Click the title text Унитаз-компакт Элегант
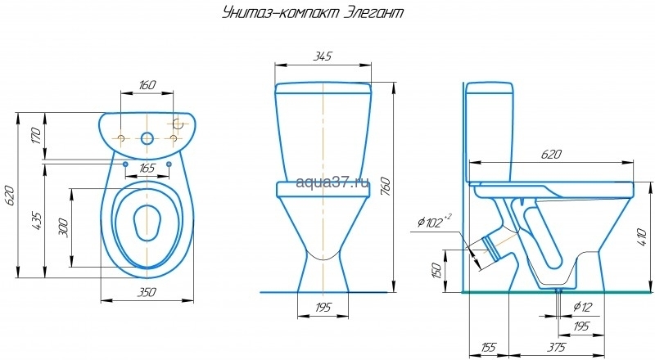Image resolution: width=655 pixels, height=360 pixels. pyautogui.click(x=313, y=13)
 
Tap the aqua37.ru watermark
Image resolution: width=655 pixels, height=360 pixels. pyautogui.click(x=332, y=182)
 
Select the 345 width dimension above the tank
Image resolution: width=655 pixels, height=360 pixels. pyautogui.click(x=323, y=56)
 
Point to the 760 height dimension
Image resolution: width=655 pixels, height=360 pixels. pyautogui.click(x=386, y=187)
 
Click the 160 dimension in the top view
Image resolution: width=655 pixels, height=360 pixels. pyautogui.click(x=147, y=85)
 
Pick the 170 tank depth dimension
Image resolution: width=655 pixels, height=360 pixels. pyautogui.click(x=36, y=136)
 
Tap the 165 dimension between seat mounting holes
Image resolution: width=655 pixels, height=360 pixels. pyautogui.click(x=147, y=168)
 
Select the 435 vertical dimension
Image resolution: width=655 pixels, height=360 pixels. pyautogui.click(x=36, y=222)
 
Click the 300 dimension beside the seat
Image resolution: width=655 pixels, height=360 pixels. pyautogui.click(x=63, y=227)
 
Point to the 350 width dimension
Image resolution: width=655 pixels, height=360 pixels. pyautogui.click(x=147, y=292)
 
